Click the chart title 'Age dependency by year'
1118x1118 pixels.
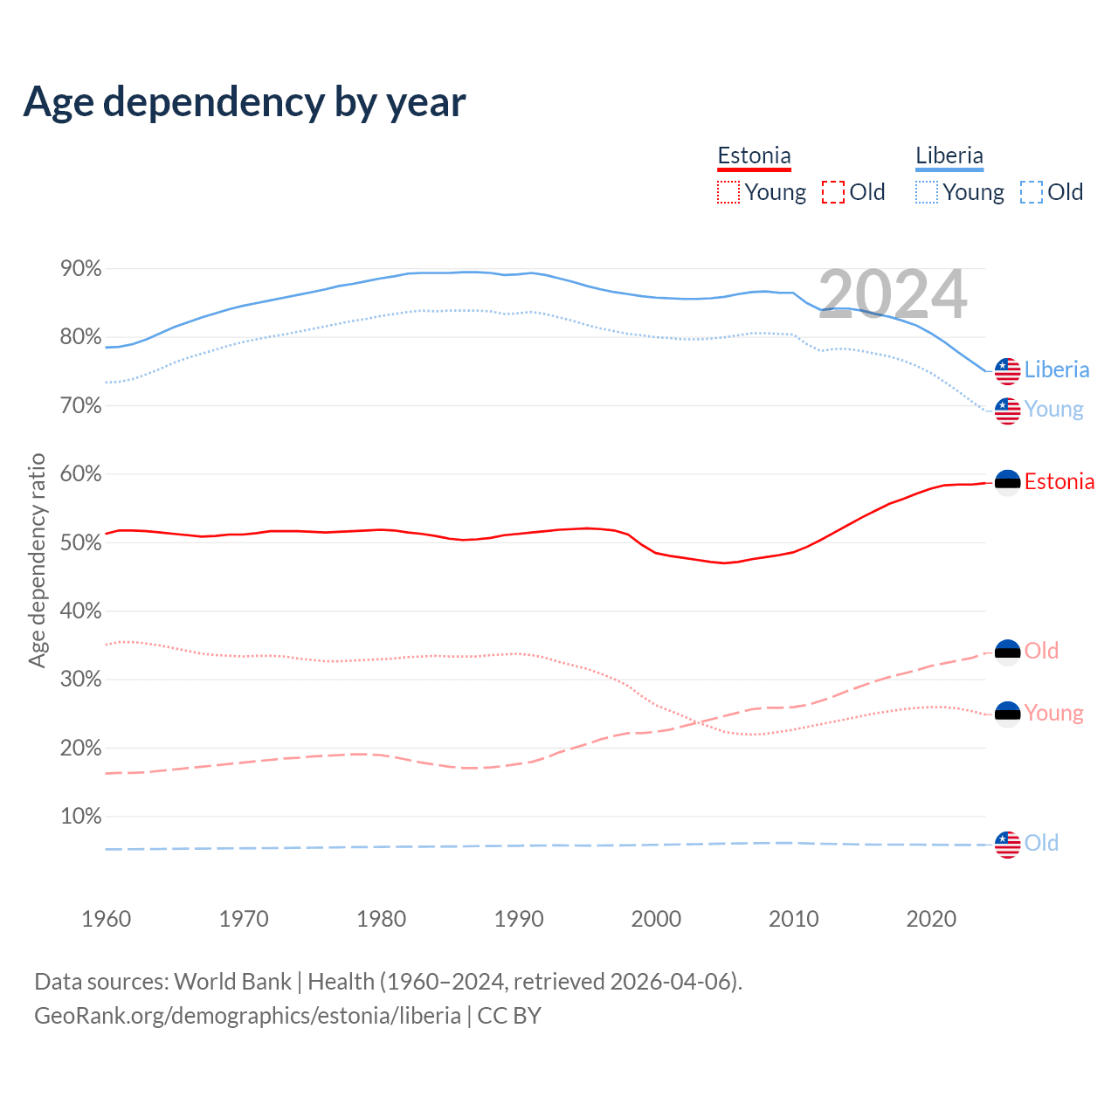coord(245,102)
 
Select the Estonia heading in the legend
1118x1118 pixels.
coord(754,156)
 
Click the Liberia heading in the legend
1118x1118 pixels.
coord(949,156)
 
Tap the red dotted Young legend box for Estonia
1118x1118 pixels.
coord(728,192)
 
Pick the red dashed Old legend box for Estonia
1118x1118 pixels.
coord(833,192)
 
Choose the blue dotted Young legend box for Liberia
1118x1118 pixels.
coord(927,192)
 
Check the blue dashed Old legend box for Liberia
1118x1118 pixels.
coord(1032,192)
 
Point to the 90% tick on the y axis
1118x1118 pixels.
coord(81,269)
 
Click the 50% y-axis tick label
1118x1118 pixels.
coord(81,542)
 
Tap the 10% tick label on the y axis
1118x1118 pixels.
coord(81,817)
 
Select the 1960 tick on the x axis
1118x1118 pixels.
coord(106,919)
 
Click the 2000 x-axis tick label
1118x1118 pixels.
coord(656,919)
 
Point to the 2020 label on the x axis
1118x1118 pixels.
coord(931,919)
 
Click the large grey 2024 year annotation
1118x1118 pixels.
coord(893,294)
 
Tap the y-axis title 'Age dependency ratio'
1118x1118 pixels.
coord(37,560)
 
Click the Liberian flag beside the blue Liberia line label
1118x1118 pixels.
coord(1008,370)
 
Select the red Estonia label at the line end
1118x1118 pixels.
coord(1059,482)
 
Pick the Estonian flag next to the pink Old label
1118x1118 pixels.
coord(1008,652)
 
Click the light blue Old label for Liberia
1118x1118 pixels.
coord(1041,844)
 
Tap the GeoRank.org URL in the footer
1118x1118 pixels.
coord(247,1016)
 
